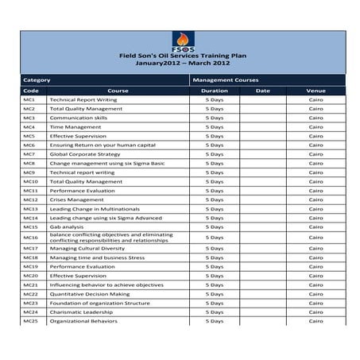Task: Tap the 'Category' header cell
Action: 37,80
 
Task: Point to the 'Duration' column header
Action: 214,91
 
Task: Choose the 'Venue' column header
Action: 315,91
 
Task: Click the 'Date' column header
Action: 262,91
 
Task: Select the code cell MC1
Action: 29,100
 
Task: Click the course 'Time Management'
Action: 70,127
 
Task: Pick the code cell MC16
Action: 30,238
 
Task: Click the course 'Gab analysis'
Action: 67,227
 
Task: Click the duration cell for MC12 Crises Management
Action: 214,199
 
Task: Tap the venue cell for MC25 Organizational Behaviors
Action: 315,321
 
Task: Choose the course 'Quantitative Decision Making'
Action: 89,294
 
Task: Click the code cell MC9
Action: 29,172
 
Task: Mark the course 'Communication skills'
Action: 78,118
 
